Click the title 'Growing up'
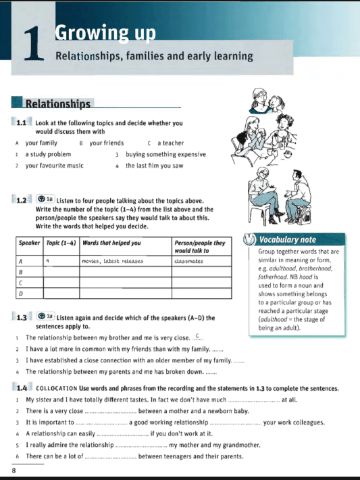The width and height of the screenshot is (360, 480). pos(105,32)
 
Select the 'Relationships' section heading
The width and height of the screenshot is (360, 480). pos(57,104)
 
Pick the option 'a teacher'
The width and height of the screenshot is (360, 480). pos(170,143)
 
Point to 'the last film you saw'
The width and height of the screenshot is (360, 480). pos(154,166)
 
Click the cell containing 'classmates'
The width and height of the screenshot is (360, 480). pos(190,260)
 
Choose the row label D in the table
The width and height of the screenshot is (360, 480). pos(21,294)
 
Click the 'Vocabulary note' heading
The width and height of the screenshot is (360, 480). pos(288,239)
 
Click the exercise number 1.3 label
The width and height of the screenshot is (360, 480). pos(21,317)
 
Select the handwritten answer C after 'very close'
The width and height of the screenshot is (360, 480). pos(197,337)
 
